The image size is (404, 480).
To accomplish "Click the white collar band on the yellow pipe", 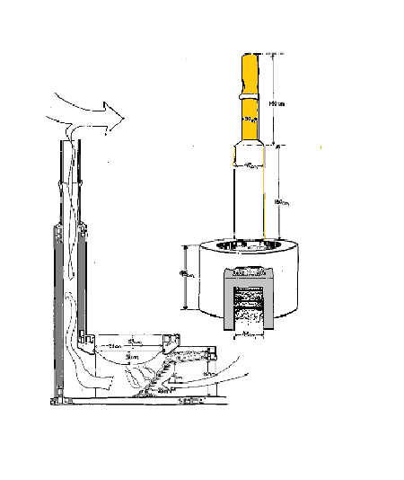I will [251, 92].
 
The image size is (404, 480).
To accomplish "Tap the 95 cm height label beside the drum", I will [184, 276].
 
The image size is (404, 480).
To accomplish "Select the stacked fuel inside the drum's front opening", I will [249, 303].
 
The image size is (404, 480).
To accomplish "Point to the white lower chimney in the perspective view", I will [250, 193].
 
